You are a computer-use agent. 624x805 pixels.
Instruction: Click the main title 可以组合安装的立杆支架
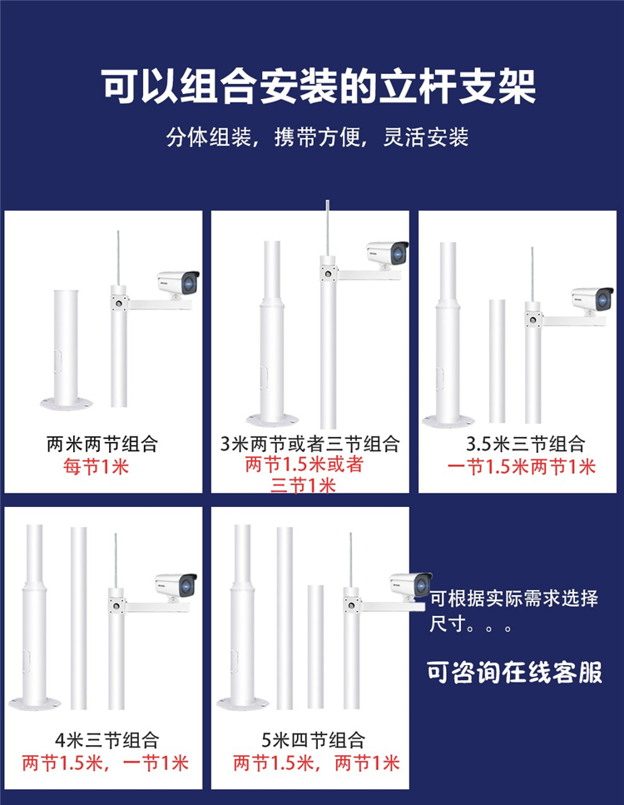(x=318, y=86)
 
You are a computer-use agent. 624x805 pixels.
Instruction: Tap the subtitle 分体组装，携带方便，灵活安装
(x=317, y=137)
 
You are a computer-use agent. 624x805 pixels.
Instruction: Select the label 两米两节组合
(x=102, y=444)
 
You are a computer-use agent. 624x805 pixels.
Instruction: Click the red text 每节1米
(x=96, y=467)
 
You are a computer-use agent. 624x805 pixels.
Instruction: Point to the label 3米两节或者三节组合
(x=310, y=444)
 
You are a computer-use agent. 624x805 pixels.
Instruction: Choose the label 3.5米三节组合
(x=526, y=444)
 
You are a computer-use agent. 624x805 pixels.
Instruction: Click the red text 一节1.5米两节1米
(x=522, y=467)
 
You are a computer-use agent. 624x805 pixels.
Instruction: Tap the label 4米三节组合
(x=107, y=740)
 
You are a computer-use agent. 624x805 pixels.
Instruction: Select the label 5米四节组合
(x=314, y=740)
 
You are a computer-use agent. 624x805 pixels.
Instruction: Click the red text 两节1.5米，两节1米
(x=316, y=763)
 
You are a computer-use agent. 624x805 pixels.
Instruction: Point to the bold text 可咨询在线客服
(x=514, y=672)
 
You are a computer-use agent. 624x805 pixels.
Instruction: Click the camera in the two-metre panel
(x=179, y=284)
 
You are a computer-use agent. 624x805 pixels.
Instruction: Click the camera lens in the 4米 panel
(x=187, y=585)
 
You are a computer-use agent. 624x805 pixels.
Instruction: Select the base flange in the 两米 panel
(x=67, y=404)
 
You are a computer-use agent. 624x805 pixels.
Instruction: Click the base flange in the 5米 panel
(x=243, y=703)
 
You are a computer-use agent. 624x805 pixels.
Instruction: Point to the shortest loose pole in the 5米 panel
(x=315, y=647)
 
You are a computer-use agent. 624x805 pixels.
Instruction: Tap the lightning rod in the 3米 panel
(x=328, y=228)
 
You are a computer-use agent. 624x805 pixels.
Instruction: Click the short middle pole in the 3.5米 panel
(x=497, y=361)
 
